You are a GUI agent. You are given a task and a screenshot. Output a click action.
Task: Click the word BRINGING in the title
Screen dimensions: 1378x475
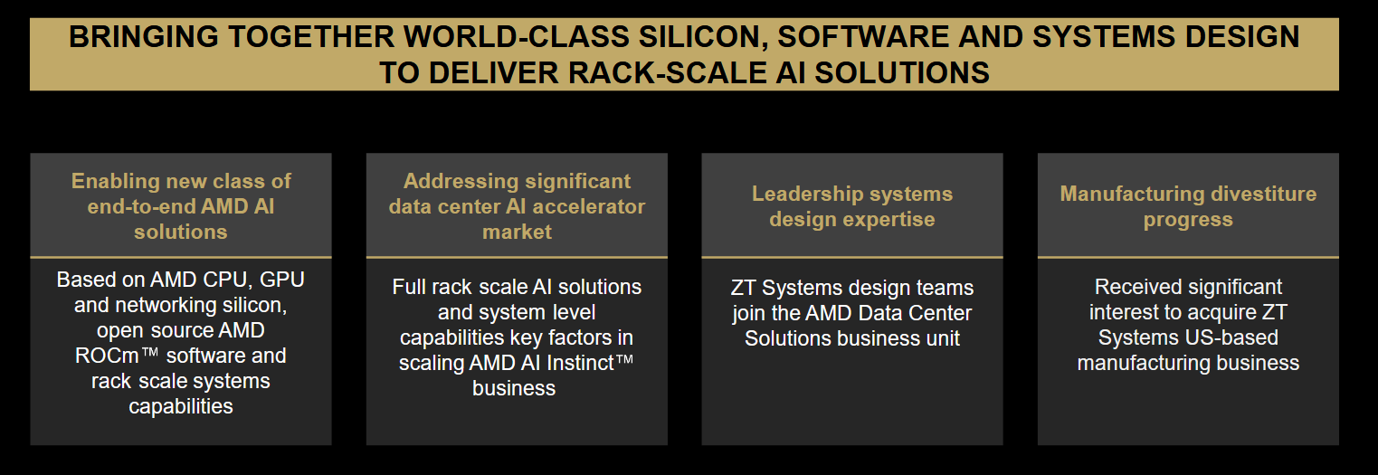143,37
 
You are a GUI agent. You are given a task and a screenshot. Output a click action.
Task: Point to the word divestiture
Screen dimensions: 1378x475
1264,195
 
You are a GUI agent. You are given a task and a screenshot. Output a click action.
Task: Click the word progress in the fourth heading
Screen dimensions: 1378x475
1188,220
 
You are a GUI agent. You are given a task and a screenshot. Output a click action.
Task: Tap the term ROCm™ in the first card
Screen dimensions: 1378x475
117,356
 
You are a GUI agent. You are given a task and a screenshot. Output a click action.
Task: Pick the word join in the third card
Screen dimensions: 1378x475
747,313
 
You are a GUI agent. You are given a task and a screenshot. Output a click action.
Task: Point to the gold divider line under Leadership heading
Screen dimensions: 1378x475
852,257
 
